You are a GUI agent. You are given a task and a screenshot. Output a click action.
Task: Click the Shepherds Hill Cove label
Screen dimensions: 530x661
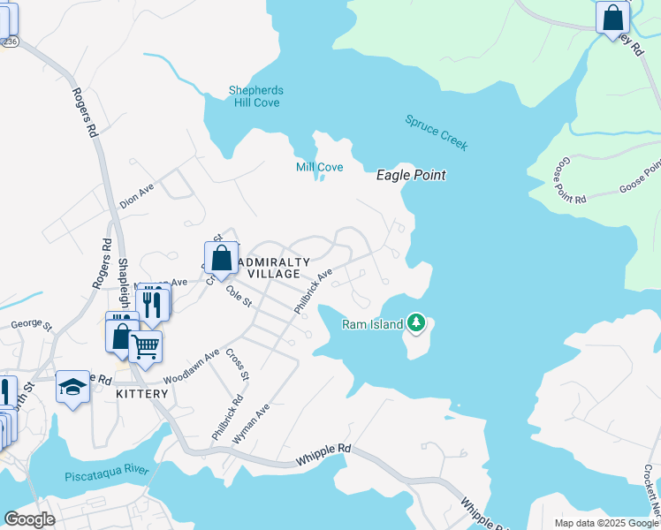coord(255,96)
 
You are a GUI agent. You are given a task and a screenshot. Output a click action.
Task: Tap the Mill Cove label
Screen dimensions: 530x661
coord(319,167)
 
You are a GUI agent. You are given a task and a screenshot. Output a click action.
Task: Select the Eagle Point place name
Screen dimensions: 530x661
coord(411,175)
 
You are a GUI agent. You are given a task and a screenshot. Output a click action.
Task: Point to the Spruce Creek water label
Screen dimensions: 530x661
coord(437,132)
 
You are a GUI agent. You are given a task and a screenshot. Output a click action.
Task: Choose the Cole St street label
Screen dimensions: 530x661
coord(239,296)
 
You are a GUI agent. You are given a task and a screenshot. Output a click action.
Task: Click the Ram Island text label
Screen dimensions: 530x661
coord(372,324)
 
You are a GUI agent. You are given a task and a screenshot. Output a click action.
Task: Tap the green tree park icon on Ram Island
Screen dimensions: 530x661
coord(415,324)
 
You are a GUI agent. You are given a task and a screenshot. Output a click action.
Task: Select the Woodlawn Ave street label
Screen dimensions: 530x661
coord(191,366)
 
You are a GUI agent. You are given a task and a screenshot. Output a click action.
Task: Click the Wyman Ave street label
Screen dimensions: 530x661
coord(262,424)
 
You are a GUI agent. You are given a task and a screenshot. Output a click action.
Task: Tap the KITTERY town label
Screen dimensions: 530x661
coord(141,394)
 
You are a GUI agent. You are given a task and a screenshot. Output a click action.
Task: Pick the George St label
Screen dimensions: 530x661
coord(27,324)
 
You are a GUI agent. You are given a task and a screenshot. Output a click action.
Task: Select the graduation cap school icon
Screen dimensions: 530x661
coord(72,386)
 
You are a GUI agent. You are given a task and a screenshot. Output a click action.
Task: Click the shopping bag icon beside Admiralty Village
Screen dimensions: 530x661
coord(222,259)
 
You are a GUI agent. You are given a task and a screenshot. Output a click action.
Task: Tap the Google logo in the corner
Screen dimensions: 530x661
coord(30,519)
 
